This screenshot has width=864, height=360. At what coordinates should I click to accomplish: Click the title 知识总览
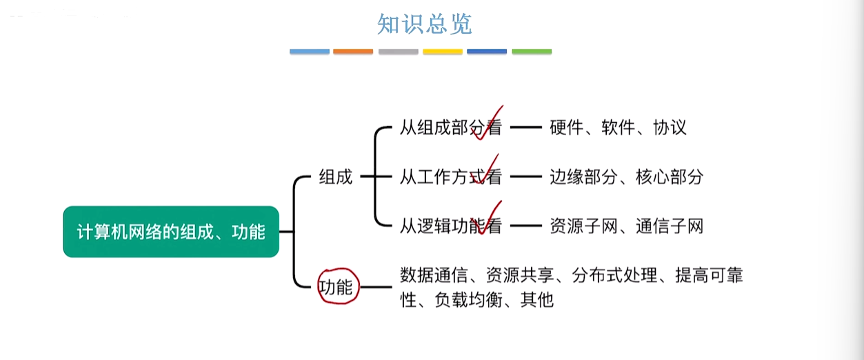424,24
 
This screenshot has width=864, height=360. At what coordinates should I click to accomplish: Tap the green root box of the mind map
171,232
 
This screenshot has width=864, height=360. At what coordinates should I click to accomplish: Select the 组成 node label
336,177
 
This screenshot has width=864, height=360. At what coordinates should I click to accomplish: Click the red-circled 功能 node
339,286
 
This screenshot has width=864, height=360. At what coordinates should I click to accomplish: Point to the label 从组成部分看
450,128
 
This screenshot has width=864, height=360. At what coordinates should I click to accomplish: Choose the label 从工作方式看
450,177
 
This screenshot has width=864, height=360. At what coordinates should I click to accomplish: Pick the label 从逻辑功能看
450,226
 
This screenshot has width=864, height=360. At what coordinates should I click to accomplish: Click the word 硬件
566,128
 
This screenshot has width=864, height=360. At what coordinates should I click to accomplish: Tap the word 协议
670,128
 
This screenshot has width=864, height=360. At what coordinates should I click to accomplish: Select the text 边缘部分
583,177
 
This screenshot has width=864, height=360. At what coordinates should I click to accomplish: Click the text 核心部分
670,177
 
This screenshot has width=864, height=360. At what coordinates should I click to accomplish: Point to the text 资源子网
583,226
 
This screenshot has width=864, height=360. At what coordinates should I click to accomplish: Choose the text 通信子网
670,226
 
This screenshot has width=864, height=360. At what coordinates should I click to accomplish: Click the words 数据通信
434,275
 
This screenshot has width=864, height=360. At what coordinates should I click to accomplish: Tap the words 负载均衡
468,299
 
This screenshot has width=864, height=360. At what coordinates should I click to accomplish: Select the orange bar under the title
353,51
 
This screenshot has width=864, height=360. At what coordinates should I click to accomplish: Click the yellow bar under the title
443,51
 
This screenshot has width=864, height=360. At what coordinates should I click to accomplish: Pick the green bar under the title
532,51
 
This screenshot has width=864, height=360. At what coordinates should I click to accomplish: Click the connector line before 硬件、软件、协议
526,127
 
